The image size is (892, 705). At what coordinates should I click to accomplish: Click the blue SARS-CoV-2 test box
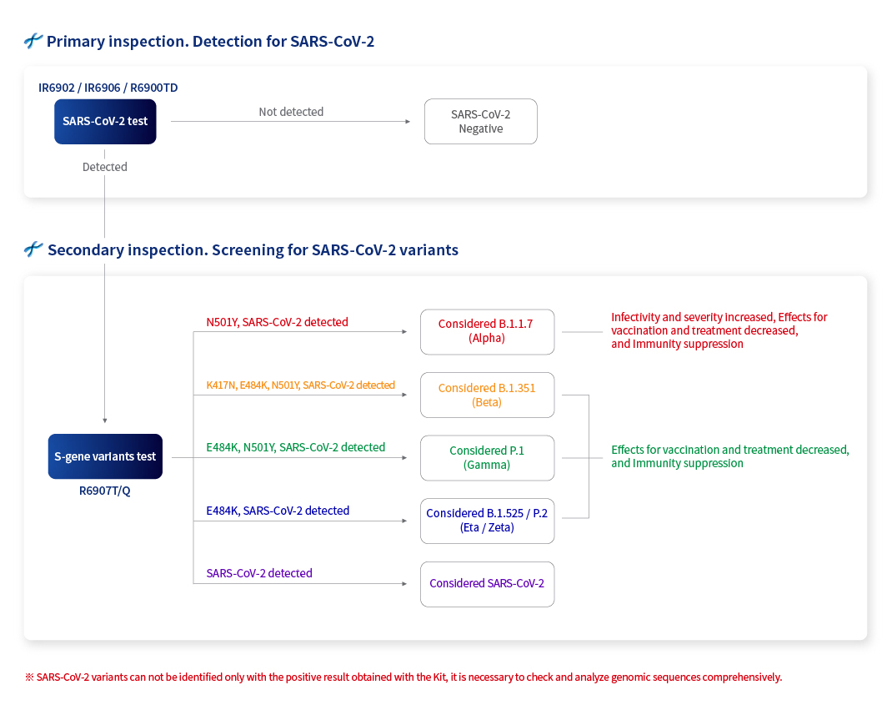105,121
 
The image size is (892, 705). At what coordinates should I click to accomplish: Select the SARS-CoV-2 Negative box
481,121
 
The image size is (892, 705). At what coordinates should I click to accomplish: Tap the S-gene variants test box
105,456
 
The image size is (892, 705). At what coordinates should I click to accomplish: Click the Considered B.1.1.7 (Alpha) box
487,331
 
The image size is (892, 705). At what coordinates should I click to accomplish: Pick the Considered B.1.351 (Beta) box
487,395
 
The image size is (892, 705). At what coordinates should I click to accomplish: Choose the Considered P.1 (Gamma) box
487,458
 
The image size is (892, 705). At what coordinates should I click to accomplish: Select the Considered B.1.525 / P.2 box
487,521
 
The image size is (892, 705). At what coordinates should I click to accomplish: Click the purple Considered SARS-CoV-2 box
487,584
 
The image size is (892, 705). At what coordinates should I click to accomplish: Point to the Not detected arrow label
291,112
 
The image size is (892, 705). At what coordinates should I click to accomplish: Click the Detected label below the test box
105,167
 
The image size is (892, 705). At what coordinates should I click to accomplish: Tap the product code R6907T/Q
105,491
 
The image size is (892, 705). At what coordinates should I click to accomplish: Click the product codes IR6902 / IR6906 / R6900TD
108,88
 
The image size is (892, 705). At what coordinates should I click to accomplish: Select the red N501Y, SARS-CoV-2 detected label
277,322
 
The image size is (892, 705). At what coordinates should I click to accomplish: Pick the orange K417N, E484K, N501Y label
300,385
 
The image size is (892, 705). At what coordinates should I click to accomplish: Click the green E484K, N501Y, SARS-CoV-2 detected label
296,447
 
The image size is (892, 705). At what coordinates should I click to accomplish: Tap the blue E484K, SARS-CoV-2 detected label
278,511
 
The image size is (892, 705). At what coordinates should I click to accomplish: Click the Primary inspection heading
210,42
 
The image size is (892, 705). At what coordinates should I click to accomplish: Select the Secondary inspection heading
253,250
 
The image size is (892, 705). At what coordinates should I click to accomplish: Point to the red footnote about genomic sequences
403,677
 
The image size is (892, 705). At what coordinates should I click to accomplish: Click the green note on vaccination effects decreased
730,456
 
